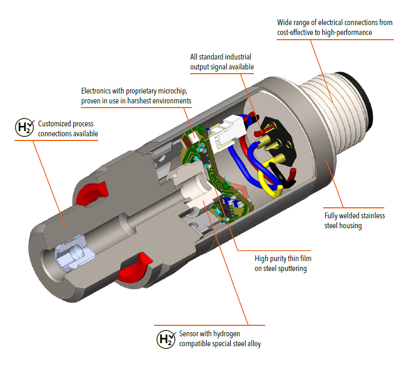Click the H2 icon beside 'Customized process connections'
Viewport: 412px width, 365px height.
[x=24, y=128]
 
